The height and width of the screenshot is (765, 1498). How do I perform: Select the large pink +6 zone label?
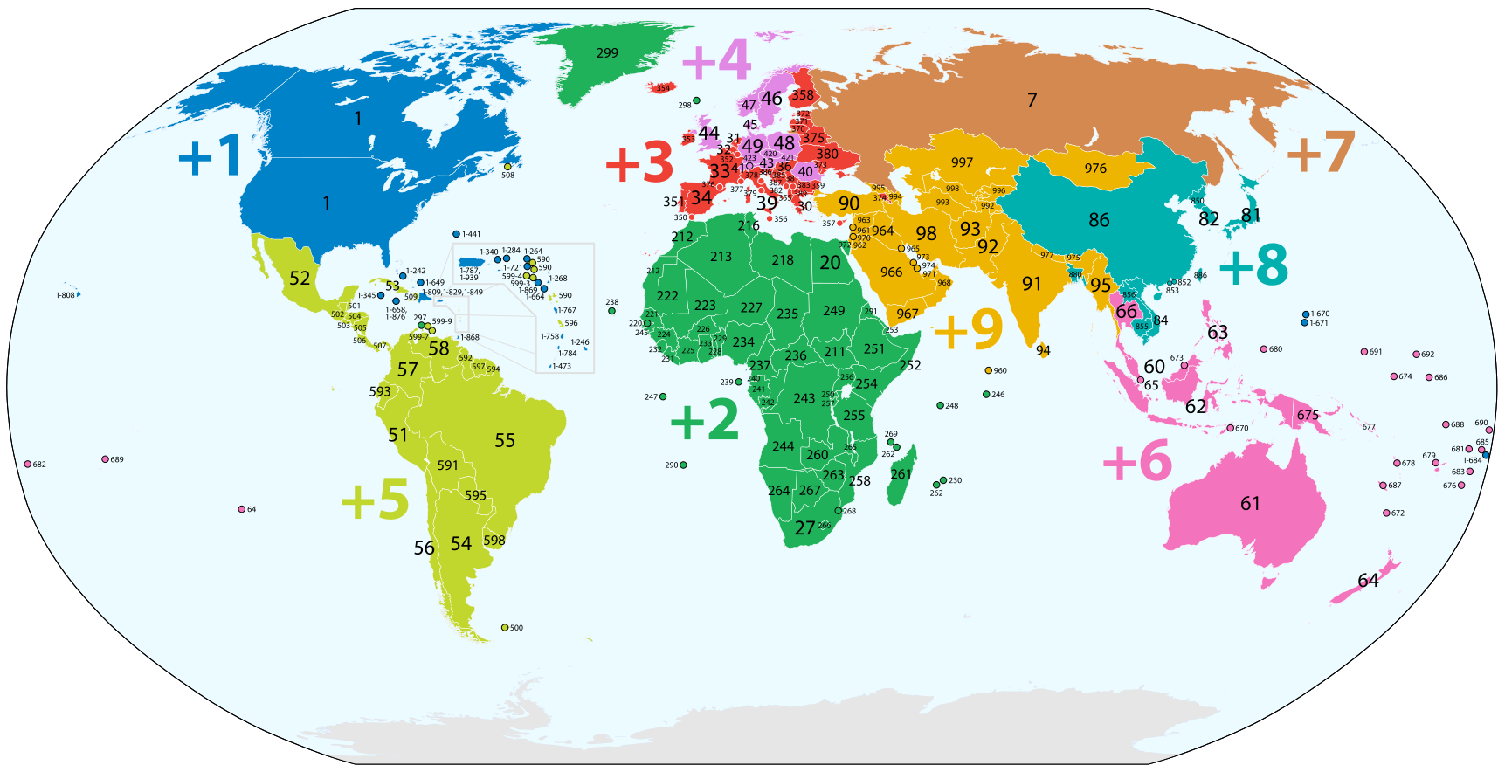tap(1137, 460)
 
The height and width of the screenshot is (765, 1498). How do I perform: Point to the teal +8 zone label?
tap(1253, 265)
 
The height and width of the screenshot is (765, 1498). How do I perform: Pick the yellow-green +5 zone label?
tap(375, 500)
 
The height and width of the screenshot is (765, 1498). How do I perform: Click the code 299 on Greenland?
tap(607, 53)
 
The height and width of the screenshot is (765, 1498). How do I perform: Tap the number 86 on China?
tap(1099, 220)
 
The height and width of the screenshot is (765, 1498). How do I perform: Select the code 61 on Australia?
tap(1250, 503)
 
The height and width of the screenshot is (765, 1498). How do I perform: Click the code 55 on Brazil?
tap(505, 440)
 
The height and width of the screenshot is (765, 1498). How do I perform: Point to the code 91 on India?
tap(1032, 284)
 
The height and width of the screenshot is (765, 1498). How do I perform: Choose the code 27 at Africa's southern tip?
tap(804, 528)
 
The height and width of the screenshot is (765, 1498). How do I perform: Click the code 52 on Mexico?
tap(300, 278)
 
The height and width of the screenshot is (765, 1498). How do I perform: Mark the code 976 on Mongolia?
tap(1095, 169)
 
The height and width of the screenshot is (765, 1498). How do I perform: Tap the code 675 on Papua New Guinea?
tap(1308, 415)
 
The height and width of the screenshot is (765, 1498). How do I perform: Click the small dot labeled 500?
tap(505, 628)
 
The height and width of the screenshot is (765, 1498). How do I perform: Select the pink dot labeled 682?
tap(28, 465)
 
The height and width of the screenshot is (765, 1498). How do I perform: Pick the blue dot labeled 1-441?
tap(456, 234)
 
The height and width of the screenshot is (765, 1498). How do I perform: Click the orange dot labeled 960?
tap(988, 370)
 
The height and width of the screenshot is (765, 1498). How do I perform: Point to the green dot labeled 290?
tap(683, 465)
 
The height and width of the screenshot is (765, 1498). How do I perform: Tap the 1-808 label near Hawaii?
tap(66, 295)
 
